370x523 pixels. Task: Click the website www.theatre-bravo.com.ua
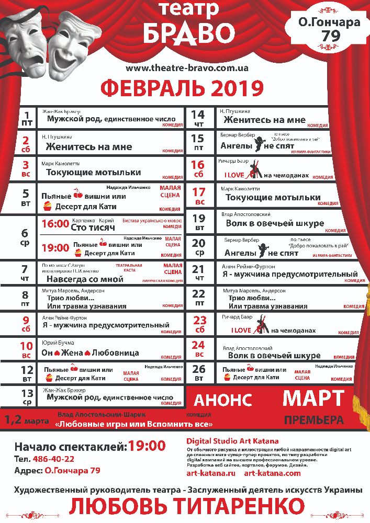[x=187, y=68]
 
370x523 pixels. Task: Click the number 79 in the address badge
[x=329, y=36]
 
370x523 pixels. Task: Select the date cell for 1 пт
[x=26, y=119]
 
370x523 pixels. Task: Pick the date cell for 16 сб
[x=199, y=169]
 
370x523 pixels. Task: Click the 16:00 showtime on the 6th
[x=55, y=224]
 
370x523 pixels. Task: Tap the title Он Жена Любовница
[x=90, y=353]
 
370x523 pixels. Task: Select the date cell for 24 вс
[x=199, y=349]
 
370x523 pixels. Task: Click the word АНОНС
[x=223, y=400]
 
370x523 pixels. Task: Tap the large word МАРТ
[x=313, y=398]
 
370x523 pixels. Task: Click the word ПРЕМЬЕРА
[x=313, y=419]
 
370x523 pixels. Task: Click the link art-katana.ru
[x=211, y=473]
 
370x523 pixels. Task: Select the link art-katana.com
[x=272, y=473]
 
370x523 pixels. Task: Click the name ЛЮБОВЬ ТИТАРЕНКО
[x=186, y=506]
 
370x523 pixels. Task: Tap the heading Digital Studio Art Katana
[x=232, y=441]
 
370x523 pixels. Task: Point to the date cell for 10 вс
[x=26, y=349]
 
